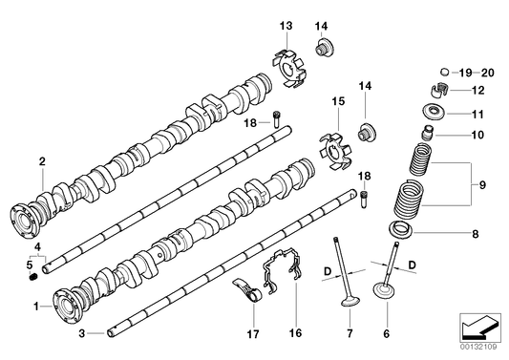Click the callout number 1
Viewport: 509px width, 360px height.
click(x=37, y=307)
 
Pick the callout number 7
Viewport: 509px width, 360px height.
click(x=349, y=333)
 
